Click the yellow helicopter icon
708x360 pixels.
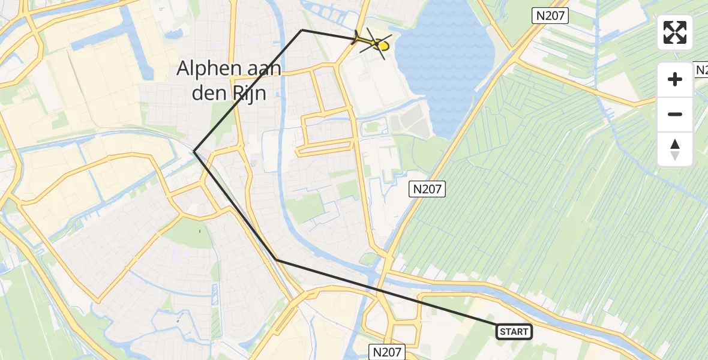(x=377, y=43)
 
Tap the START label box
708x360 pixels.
(x=514, y=332)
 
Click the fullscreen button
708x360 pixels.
(x=675, y=32)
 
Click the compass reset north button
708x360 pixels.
(x=675, y=149)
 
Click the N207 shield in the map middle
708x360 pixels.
(x=427, y=190)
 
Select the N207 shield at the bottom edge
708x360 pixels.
(x=388, y=352)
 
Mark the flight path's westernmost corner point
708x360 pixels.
(x=194, y=151)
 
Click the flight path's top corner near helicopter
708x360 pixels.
(x=302, y=30)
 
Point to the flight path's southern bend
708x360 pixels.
(x=276, y=259)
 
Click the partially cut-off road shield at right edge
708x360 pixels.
(x=701, y=70)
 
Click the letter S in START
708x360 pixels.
(x=502, y=332)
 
